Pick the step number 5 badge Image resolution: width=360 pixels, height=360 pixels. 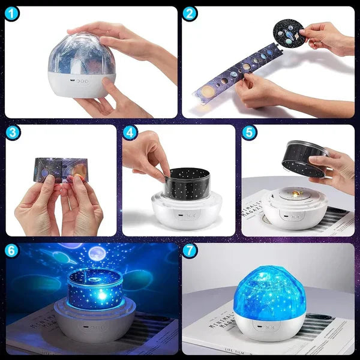coord(249,133)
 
